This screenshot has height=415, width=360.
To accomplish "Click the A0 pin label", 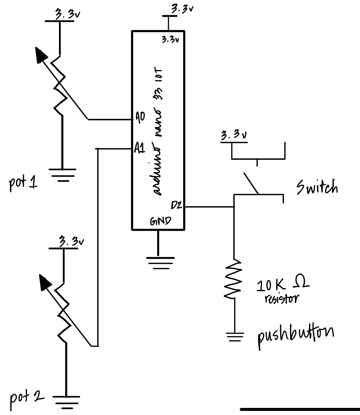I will click(x=140, y=117).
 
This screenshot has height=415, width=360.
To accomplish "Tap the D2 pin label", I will click(x=176, y=205).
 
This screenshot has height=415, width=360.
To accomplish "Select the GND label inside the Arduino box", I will click(x=161, y=221).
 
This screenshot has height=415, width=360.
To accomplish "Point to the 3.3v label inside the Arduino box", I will click(x=170, y=40).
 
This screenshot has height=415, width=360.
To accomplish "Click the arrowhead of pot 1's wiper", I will click(x=41, y=55).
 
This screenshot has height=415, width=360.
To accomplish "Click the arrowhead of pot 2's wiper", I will click(x=45, y=283).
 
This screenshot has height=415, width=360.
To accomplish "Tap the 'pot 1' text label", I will click(x=23, y=183).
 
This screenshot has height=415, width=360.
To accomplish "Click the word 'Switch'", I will click(x=317, y=187).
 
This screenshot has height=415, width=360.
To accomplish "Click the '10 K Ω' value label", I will click(x=283, y=284).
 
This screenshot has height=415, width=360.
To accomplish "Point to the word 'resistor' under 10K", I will click(x=281, y=299).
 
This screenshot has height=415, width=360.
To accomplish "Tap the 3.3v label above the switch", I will click(x=234, y=135).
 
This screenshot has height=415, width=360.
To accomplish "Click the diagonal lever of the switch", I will click(x=251, y=183).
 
